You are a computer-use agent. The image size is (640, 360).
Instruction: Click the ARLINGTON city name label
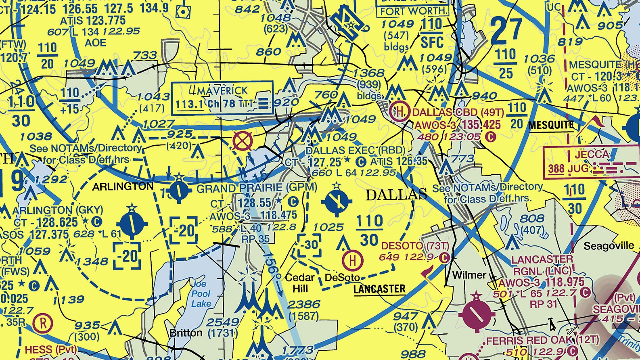(x=123, y=186)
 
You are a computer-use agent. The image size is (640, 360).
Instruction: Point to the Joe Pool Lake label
(x=201, y=293)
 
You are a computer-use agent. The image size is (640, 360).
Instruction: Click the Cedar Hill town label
(x=300, y=283)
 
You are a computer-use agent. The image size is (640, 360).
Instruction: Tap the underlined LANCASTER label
(x=379, y=289)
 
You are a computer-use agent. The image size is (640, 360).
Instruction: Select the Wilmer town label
(x=469, y=275)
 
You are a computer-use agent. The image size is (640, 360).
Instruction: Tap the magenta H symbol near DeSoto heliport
(x=352, y=260)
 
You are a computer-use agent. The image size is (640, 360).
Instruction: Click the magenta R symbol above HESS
(x=42, y=323)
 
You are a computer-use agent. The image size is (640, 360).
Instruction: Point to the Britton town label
(x=186, y=333)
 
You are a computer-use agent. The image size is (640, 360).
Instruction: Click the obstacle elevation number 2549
(x=223, y=322)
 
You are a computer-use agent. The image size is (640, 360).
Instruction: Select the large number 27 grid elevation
(x=507, y=31)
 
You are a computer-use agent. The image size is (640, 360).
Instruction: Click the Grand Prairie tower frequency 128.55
(x=255, y=203)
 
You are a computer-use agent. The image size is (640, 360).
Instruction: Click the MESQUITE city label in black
(x=551, y=125)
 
